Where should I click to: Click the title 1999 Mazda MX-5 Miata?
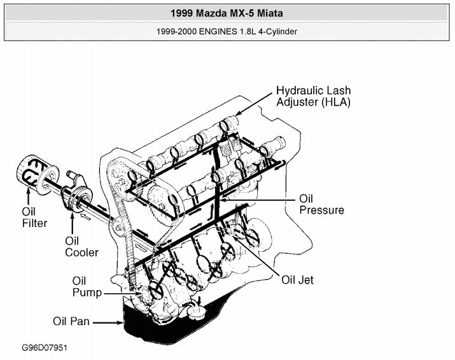pos(228,12)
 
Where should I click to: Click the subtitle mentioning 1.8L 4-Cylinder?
pos(228,31)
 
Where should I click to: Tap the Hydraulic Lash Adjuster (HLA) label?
pos(313,97)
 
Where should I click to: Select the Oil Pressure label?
pos(321,204)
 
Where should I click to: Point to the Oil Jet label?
pos(297,279)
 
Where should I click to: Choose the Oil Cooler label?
pos(81,247)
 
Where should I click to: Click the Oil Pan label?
pos(71,322)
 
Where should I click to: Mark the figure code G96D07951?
pos(45,349)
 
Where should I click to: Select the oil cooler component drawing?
pos(76,194)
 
